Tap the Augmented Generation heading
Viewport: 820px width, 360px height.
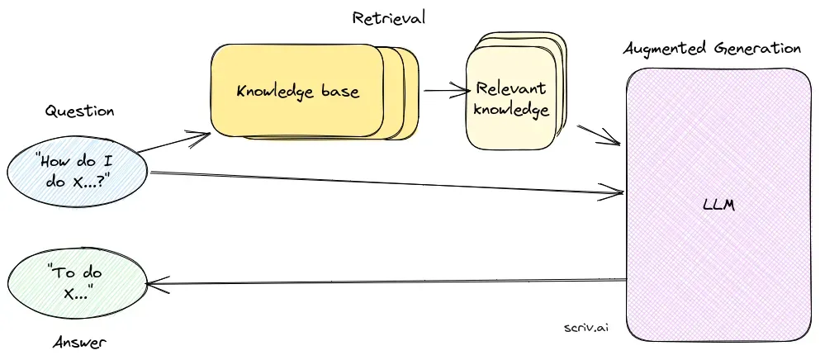[x=712, y=48]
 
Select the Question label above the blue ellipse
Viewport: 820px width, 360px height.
[x=79, y=111]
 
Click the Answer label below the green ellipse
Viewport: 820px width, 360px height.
[x=79, y=342]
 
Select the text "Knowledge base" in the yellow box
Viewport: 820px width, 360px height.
[x=297, y=91]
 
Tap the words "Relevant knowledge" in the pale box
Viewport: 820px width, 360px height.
[x=511, y=99]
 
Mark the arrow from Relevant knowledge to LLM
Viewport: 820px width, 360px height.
[x=598, y=135]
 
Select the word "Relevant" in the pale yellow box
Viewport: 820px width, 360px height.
[x=510, y=89]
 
